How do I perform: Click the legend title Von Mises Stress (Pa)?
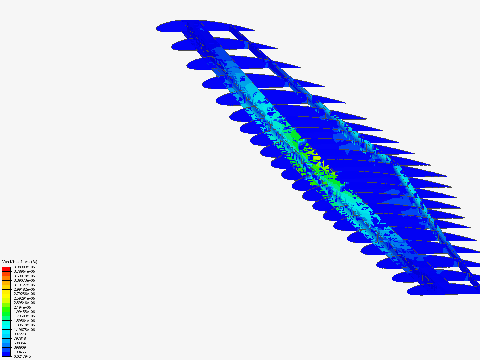coord(20,262)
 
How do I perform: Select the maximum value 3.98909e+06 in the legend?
coord(24,267)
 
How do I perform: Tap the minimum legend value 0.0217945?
coord(22,356)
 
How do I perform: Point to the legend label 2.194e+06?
coord(22,307)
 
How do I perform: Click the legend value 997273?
coord(20,334)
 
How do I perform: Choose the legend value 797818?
coord(20,338)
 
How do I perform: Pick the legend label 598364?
coord(20,343)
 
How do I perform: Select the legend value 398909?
coord(20,347)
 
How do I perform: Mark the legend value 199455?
coord(20,352)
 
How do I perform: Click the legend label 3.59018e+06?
coord(24,276)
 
